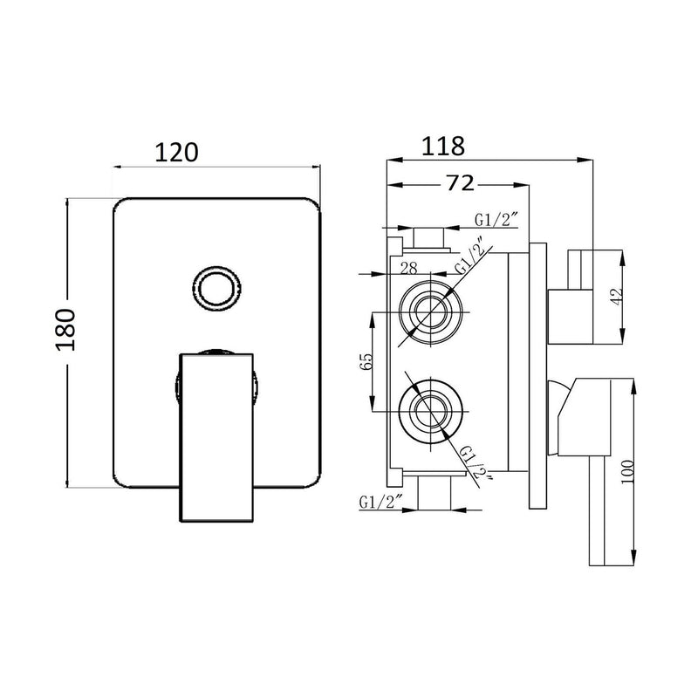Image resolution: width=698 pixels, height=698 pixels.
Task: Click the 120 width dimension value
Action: [x=176, y=153]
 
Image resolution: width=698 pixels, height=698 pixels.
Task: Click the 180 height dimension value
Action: [x=65, y=330]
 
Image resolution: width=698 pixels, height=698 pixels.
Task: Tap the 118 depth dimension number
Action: [x=443, y=146]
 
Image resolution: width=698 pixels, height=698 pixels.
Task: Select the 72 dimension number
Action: [x=461, y=182]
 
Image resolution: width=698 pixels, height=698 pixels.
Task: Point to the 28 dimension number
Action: [x=408, y=269]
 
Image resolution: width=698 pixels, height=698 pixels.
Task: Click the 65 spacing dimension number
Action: [x=366, y=361]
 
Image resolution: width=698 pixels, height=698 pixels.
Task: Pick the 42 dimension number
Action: [x=617, y=297]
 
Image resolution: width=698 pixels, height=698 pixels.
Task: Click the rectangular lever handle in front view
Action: [x=216, y=437]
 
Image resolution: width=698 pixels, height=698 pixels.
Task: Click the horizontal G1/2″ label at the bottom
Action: [x=380, y=503]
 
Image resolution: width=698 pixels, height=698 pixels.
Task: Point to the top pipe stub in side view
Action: [x=429, y=238]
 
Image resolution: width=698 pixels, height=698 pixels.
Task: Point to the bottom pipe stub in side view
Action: [x=435, y=492]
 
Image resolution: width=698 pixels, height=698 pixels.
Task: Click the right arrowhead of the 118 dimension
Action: [x=585, y=160]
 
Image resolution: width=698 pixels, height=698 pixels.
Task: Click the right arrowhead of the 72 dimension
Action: [x=522, y=185]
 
